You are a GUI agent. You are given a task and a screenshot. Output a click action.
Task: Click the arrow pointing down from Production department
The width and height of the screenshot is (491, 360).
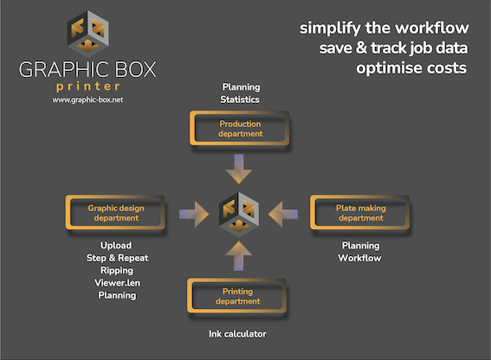239,169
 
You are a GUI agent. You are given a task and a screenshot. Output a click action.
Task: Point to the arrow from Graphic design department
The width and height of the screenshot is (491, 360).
194,214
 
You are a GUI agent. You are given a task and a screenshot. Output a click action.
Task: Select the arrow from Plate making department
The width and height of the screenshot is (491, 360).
283,214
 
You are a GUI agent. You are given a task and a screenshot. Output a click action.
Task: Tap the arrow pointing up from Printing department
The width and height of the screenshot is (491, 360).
239,256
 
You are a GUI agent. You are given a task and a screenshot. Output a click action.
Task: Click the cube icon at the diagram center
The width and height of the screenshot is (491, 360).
239,215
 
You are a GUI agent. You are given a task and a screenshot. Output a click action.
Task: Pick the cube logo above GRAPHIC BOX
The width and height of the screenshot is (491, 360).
88,35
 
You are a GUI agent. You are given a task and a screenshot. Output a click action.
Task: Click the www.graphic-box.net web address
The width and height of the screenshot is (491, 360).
87,100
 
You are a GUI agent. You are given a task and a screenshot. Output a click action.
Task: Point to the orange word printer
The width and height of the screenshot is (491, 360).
88,87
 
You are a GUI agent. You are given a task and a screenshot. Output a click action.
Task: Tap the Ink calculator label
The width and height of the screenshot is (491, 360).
237,334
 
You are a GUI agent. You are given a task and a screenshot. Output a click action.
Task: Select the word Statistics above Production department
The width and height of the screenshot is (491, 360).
240,100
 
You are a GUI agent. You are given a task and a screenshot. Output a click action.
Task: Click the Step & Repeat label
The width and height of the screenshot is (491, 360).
117,258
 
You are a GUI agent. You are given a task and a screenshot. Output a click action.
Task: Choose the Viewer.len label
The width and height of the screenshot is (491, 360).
117,283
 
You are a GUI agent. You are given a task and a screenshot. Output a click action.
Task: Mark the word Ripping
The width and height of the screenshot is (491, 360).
117,271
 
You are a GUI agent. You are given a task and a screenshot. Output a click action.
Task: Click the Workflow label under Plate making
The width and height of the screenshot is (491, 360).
359,258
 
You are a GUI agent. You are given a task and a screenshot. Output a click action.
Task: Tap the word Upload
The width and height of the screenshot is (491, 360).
116,246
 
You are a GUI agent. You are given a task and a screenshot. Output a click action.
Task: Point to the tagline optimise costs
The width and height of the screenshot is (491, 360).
411,68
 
